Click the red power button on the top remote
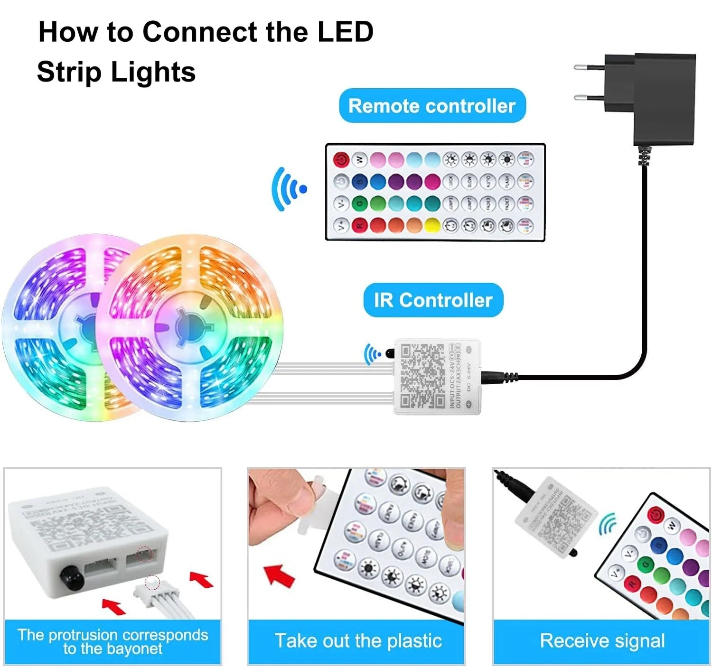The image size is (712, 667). click(x=341, y=160)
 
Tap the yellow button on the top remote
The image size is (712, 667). click(x=432, y=225)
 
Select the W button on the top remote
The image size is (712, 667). click(x=359, y=159)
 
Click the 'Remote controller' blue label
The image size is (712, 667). click(x=432, y=106)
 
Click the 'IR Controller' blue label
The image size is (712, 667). click(x=433, y=300)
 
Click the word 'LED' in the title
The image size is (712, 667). click(x=345, y=32)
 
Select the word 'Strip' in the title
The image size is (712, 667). click(x=69, y=72)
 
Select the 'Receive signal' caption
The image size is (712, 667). click(x=602, y=641)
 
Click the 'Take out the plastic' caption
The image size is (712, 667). click(x=358, y=641)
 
